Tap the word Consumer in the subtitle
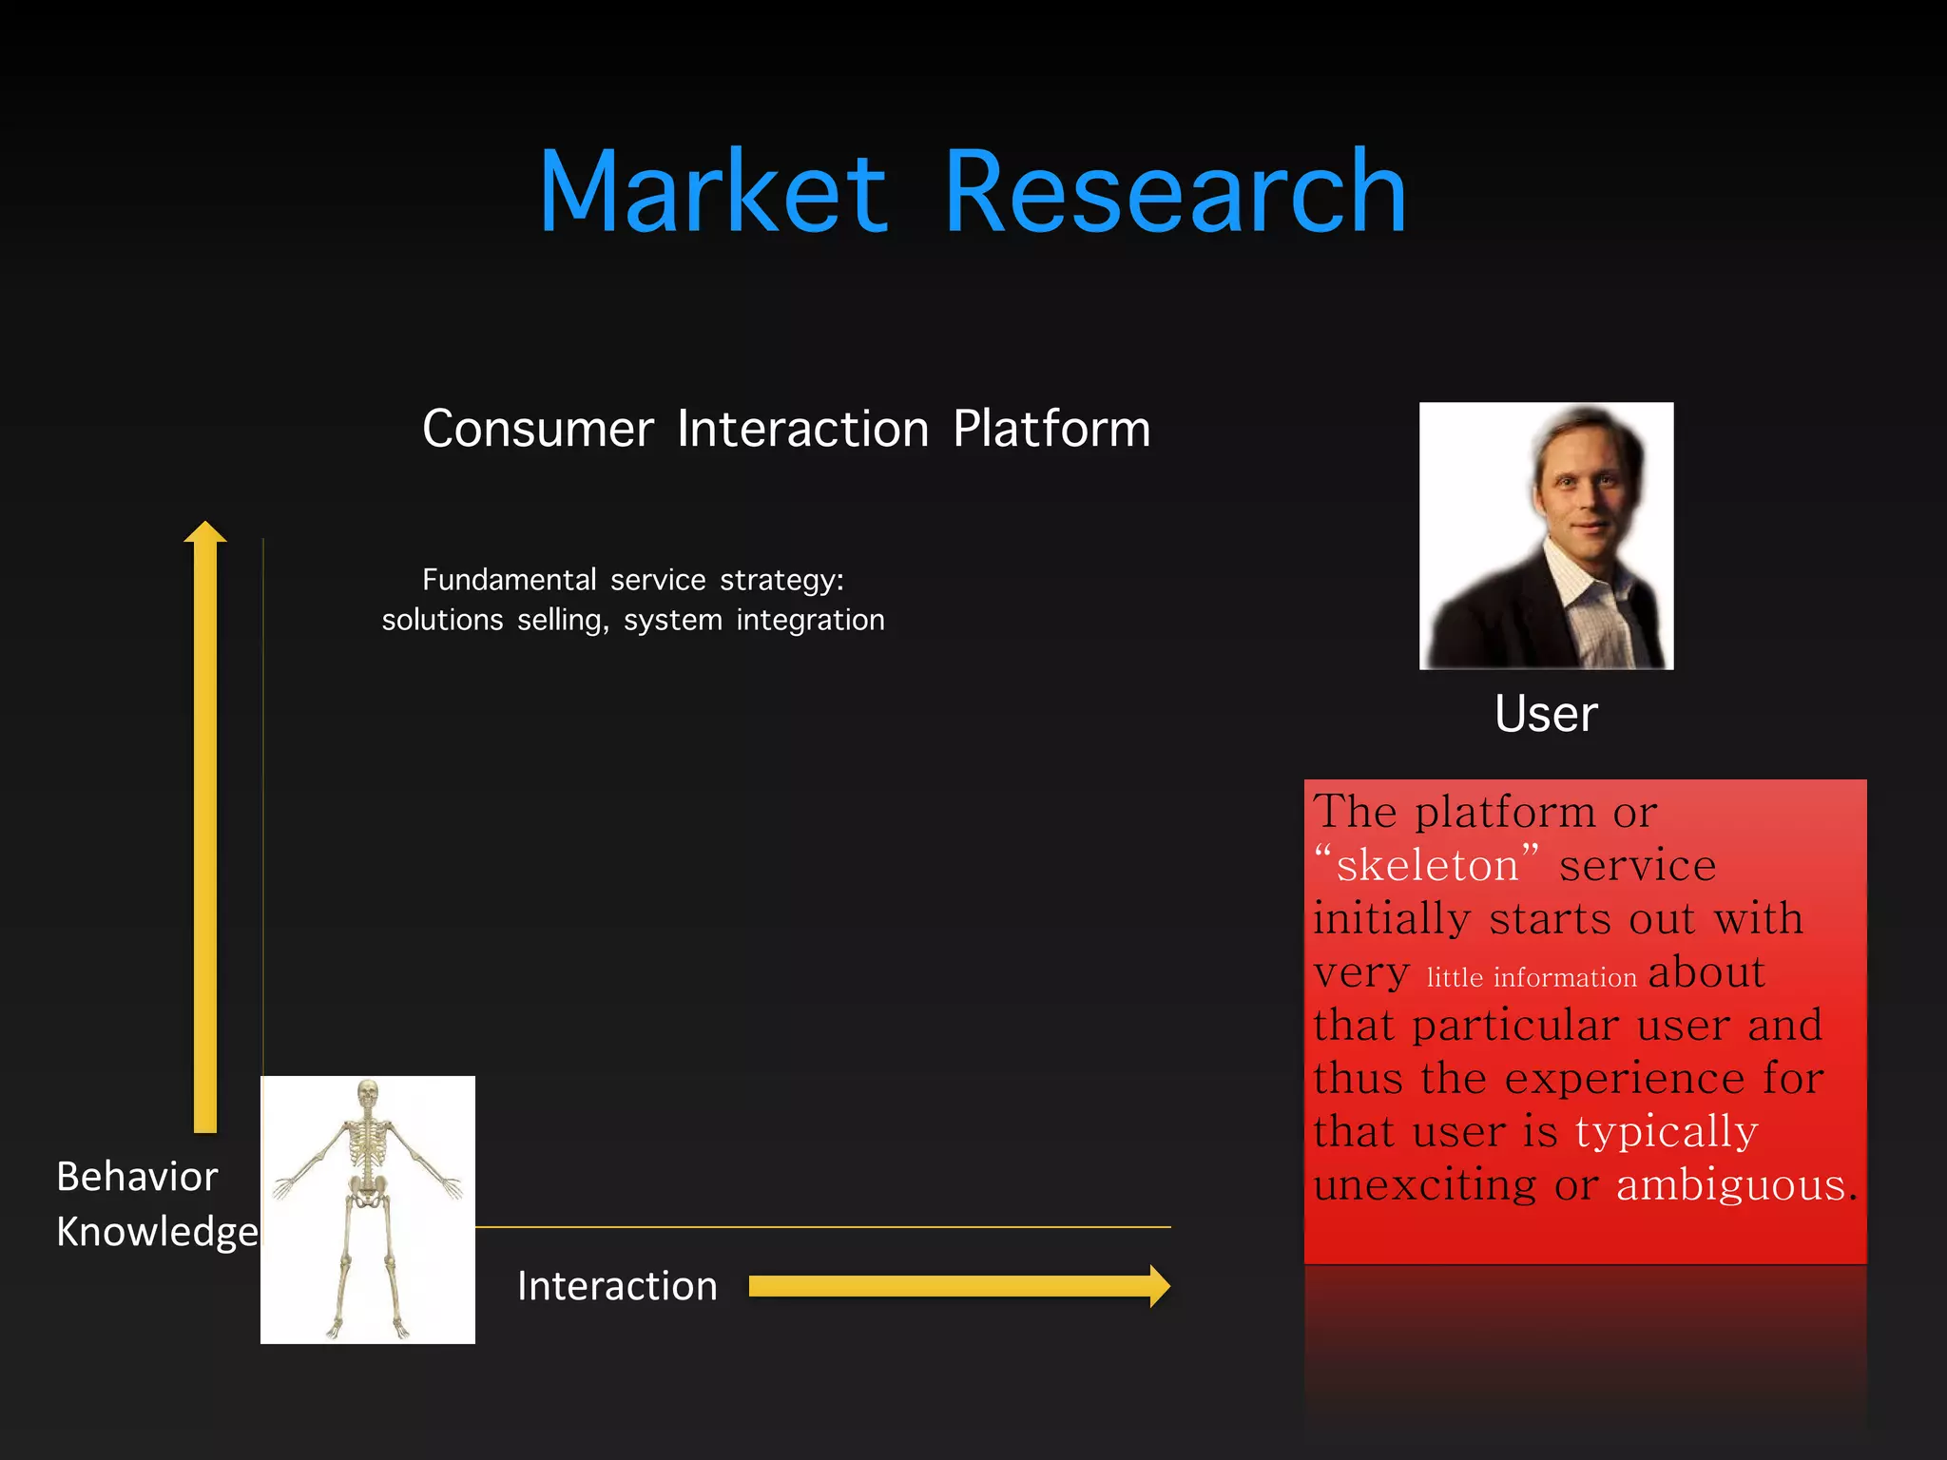[538, 429]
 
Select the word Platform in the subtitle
[1051, 429]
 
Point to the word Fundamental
[510, 579]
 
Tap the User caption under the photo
[1546, 714]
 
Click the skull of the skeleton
[367, 1093]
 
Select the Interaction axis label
[617, 1286]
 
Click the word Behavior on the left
[137, 1177]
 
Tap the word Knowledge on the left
[157, 1232]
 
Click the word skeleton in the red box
[1427, 865]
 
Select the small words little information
[1531, 977]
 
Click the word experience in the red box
[1624, 1078]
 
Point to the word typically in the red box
[1666, 1131]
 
